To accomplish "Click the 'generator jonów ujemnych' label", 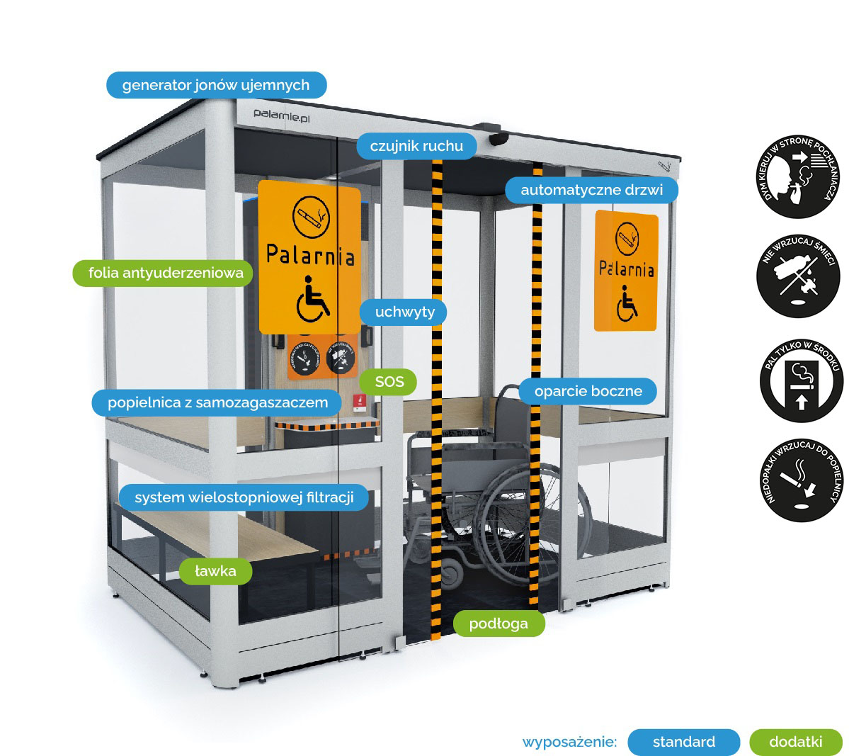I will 216,85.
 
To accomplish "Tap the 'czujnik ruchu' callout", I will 416,146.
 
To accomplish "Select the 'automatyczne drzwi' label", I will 591,190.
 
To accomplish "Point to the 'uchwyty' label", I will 404,312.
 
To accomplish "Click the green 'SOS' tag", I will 389,382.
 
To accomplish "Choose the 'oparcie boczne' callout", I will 588,391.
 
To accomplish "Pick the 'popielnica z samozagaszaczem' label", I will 217,402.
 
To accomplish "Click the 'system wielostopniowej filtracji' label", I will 244,497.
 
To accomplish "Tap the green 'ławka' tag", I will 215,571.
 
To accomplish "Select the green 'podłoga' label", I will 498,624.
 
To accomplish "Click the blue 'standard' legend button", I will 683,742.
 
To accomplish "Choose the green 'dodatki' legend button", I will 795,742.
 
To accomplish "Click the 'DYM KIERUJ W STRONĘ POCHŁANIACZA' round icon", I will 798,177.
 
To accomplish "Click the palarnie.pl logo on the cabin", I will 282,114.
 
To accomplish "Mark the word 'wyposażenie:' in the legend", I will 569,743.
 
